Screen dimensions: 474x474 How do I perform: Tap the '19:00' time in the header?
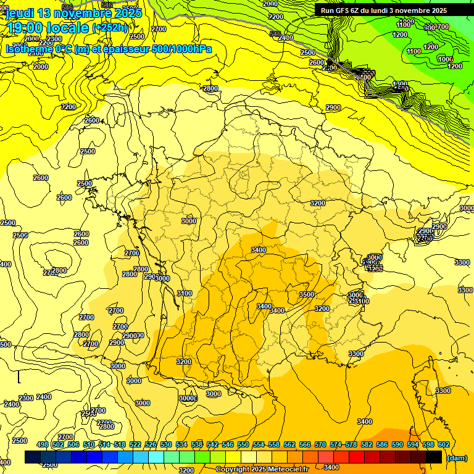[x=25, y=28]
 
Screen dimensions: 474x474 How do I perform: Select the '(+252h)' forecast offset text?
[x=110, y=28]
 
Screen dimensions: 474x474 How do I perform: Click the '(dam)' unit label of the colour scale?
[x=456, y=457]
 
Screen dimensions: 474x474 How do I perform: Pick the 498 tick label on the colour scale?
[x=43, y=444]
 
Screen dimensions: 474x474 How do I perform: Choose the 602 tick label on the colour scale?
[x=443, y=444]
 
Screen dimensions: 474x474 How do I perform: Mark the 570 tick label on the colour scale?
[x=320, y=444]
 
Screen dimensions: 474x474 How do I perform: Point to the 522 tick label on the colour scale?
[x=135, y=444]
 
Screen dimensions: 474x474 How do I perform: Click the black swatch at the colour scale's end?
[x=434, y=457]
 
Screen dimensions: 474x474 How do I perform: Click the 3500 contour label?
[x=306, y=294]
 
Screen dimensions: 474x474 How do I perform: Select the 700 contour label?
[x=443, y=27]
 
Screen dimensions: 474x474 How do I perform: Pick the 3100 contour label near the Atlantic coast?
[x=184, y=293]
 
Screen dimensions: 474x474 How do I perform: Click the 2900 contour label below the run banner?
[x=333, y=107]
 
